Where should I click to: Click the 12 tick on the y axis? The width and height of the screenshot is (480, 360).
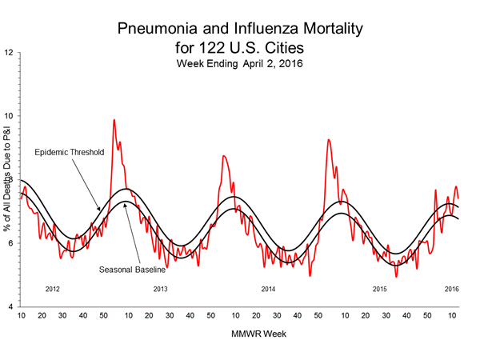[x=8, y=54]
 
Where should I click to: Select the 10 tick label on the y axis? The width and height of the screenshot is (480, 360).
[x=8, y=117]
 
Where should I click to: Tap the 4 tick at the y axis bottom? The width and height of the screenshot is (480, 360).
[x=10, y=306]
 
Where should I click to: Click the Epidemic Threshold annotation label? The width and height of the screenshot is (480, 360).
[x=70, y=152]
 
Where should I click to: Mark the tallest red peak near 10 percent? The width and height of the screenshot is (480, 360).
[x=114, y=120]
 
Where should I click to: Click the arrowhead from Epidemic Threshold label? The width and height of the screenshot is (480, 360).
[x=99, y=211]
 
